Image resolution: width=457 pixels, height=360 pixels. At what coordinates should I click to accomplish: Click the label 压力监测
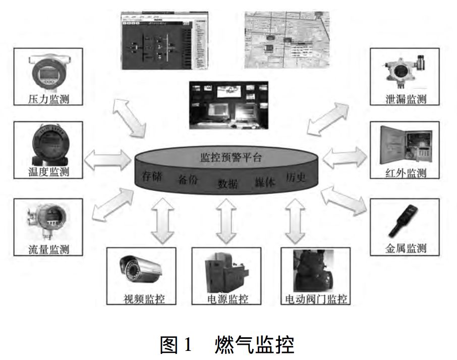[48, 98]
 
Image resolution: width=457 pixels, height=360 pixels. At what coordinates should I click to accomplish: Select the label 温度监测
[48, 172]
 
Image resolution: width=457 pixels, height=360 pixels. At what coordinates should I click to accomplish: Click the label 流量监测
[48, 249]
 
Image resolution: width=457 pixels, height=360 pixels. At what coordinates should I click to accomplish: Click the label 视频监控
[143, 299]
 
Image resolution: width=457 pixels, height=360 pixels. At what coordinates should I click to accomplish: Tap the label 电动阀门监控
[316, 299]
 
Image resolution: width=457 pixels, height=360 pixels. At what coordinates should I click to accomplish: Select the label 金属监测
[406, 248]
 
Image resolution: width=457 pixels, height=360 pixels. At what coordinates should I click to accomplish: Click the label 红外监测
[406, 173]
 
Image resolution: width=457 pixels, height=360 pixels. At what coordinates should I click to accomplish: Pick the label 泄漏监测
[406, 99]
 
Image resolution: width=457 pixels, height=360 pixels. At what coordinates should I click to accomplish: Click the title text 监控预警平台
[228, 157]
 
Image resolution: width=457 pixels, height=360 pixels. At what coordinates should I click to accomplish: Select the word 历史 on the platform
[296, 178]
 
